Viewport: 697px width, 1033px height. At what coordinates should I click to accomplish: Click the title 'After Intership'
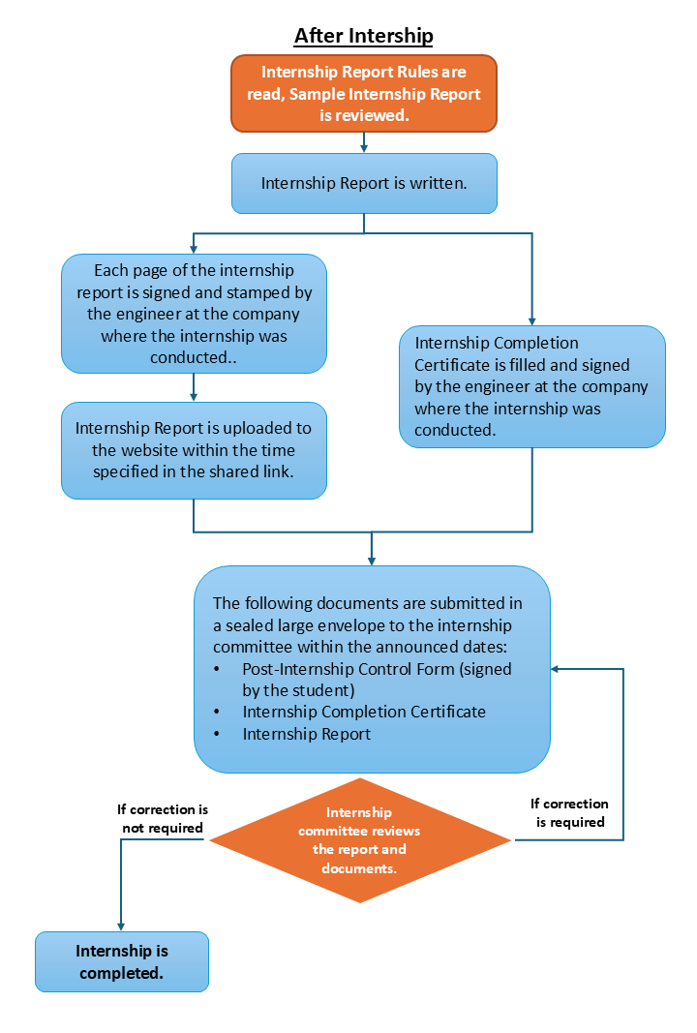coord(363,36)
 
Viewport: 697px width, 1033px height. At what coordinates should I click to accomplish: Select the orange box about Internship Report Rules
coord(363,93)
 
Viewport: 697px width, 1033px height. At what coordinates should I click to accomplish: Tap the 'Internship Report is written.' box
coord(363,182)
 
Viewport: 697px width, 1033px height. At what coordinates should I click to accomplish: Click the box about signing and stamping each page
coord(194,313)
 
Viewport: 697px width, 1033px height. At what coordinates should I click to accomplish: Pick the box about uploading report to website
coord(194,450)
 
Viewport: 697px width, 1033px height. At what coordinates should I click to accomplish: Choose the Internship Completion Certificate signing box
coord(531,386)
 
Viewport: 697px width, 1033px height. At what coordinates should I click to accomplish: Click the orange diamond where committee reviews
coord(360,839)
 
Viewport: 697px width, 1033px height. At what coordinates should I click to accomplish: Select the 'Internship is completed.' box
coord(122,961)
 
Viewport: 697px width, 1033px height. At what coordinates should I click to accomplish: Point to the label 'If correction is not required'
coord(163,818)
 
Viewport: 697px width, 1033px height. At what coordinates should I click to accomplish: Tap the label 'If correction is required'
coord(570,812)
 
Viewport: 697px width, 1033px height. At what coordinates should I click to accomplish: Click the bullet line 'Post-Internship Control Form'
coord(377,669)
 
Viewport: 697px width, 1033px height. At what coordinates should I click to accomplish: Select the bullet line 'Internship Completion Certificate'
coord(364,712)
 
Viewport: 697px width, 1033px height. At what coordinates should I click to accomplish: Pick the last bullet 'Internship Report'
coord(307,734)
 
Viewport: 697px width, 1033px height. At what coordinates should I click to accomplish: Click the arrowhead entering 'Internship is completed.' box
coord(121,927)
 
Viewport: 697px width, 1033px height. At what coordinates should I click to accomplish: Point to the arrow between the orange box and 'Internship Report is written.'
coord(363,142)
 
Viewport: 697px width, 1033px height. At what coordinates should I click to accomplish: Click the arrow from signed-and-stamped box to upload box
coord(194,387)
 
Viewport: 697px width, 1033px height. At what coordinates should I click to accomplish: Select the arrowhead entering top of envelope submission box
coord(372,561)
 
